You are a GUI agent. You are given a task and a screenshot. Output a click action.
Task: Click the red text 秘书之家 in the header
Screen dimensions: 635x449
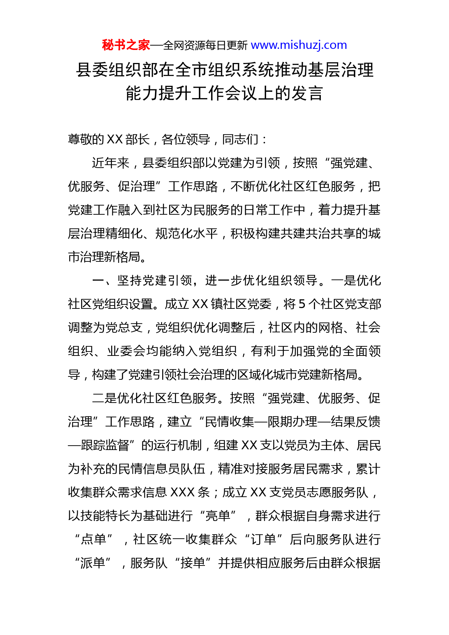(126, 45)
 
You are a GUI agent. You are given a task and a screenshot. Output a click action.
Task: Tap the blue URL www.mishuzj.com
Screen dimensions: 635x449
(299, 45)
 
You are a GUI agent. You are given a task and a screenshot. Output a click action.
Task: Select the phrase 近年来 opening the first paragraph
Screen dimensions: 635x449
(110, 163)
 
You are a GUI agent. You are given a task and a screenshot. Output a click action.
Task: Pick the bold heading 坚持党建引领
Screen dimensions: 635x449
(155, 281)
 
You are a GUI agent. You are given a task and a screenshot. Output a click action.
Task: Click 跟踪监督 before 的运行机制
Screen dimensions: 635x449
(105, 445)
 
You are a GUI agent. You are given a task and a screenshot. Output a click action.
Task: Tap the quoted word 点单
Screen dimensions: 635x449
(93, 539)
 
